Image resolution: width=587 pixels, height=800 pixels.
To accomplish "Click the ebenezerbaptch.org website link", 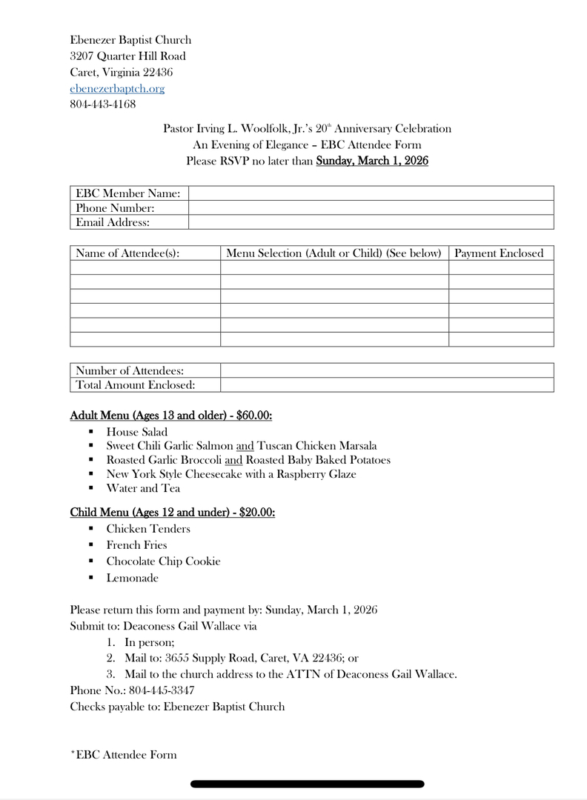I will (117, 89).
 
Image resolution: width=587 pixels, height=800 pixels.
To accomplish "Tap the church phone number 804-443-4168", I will (102, 104).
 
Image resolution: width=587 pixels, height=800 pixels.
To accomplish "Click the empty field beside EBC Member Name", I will (371, 193).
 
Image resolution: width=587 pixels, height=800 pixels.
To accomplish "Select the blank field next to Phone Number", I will (371, 208).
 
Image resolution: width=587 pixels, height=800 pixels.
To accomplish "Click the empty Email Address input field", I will (371, 222).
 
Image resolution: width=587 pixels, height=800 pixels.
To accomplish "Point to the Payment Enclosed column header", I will (499, 253).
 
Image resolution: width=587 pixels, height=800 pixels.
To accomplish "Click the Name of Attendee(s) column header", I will (127, 253).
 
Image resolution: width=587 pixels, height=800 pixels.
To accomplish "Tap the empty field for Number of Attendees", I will (386, 370).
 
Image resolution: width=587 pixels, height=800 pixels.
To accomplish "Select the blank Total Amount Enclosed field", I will (386, 385).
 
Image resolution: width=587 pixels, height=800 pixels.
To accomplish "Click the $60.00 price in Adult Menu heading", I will (254, 416).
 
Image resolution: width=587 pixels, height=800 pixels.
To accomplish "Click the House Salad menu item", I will (137, 432).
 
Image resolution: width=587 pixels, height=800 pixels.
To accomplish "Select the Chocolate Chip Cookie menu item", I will (163, 561).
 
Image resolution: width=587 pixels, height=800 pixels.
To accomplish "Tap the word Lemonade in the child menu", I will (132, 578).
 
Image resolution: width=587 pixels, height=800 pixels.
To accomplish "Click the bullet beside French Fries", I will (90, 545).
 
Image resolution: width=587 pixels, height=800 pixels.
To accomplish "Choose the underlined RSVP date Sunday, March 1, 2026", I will (372, 161).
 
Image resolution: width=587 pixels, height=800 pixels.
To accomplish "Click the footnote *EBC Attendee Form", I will (123, 755).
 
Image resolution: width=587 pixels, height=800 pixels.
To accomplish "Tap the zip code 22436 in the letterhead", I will (158, 73).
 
